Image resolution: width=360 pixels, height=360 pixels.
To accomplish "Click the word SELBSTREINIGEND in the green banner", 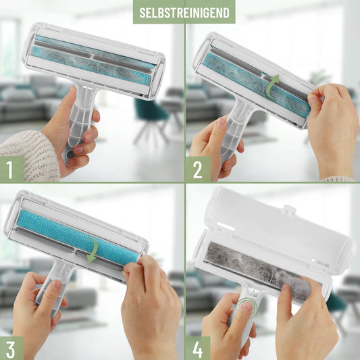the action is pos(184,13).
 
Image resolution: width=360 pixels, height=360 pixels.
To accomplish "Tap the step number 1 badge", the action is pos(12,170).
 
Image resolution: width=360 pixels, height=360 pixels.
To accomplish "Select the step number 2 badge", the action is pos(198,170).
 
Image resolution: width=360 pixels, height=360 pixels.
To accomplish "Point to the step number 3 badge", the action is pos(11,349).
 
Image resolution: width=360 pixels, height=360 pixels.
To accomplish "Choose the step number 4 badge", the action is pos(198,349).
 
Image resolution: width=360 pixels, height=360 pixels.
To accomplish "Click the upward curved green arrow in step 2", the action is pos(273,86).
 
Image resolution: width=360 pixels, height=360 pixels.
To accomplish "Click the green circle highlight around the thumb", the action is pos(247,307).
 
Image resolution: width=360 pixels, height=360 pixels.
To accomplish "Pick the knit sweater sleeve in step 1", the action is pos(28,156).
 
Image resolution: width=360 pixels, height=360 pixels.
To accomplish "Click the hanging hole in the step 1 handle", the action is pos(70,155).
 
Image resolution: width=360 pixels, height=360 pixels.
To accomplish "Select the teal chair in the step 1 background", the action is pos(151,117).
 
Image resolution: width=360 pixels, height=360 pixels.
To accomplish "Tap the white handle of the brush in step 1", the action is pos(79,122).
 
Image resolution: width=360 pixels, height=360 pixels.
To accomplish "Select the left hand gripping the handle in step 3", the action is pos(39,315).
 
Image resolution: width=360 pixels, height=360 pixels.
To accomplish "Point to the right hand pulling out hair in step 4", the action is pos(305,322).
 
